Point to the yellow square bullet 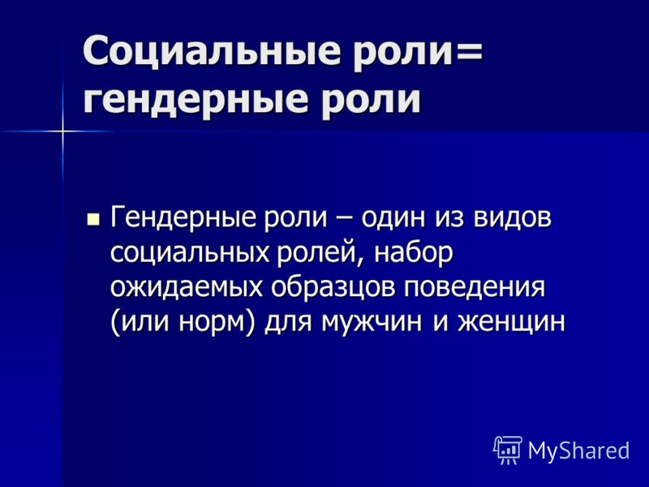coord(93,218)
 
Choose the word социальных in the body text coord(190,252)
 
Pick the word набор coord(413,252)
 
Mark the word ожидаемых coord(187,287)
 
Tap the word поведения coord(475,287)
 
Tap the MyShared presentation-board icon coord(508,450)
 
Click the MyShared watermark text coord(578,450)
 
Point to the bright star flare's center coord(63,131)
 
